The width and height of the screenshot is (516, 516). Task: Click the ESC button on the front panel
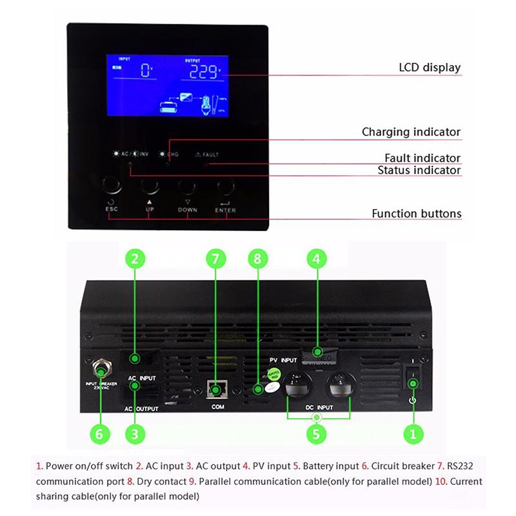click(x=111, y=186)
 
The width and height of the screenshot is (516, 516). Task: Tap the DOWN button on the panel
click(x=187, y=187)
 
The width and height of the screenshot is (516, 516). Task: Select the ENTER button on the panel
click(x=225, y=187)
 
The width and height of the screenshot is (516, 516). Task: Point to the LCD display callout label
click(x=430, y=68)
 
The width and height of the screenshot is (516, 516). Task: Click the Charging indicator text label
click(x=411, y=132)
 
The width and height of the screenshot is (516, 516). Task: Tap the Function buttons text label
click(x=416, y=213)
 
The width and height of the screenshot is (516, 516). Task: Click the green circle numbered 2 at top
click(x=134, y=259)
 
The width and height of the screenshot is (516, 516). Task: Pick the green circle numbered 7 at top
click(x=216, y=259)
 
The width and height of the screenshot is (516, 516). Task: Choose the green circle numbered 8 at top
click(x=257, y=259)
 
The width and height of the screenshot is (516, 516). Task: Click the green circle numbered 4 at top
click(x=316, y=259)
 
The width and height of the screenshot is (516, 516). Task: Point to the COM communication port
click(x=216, y=390)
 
